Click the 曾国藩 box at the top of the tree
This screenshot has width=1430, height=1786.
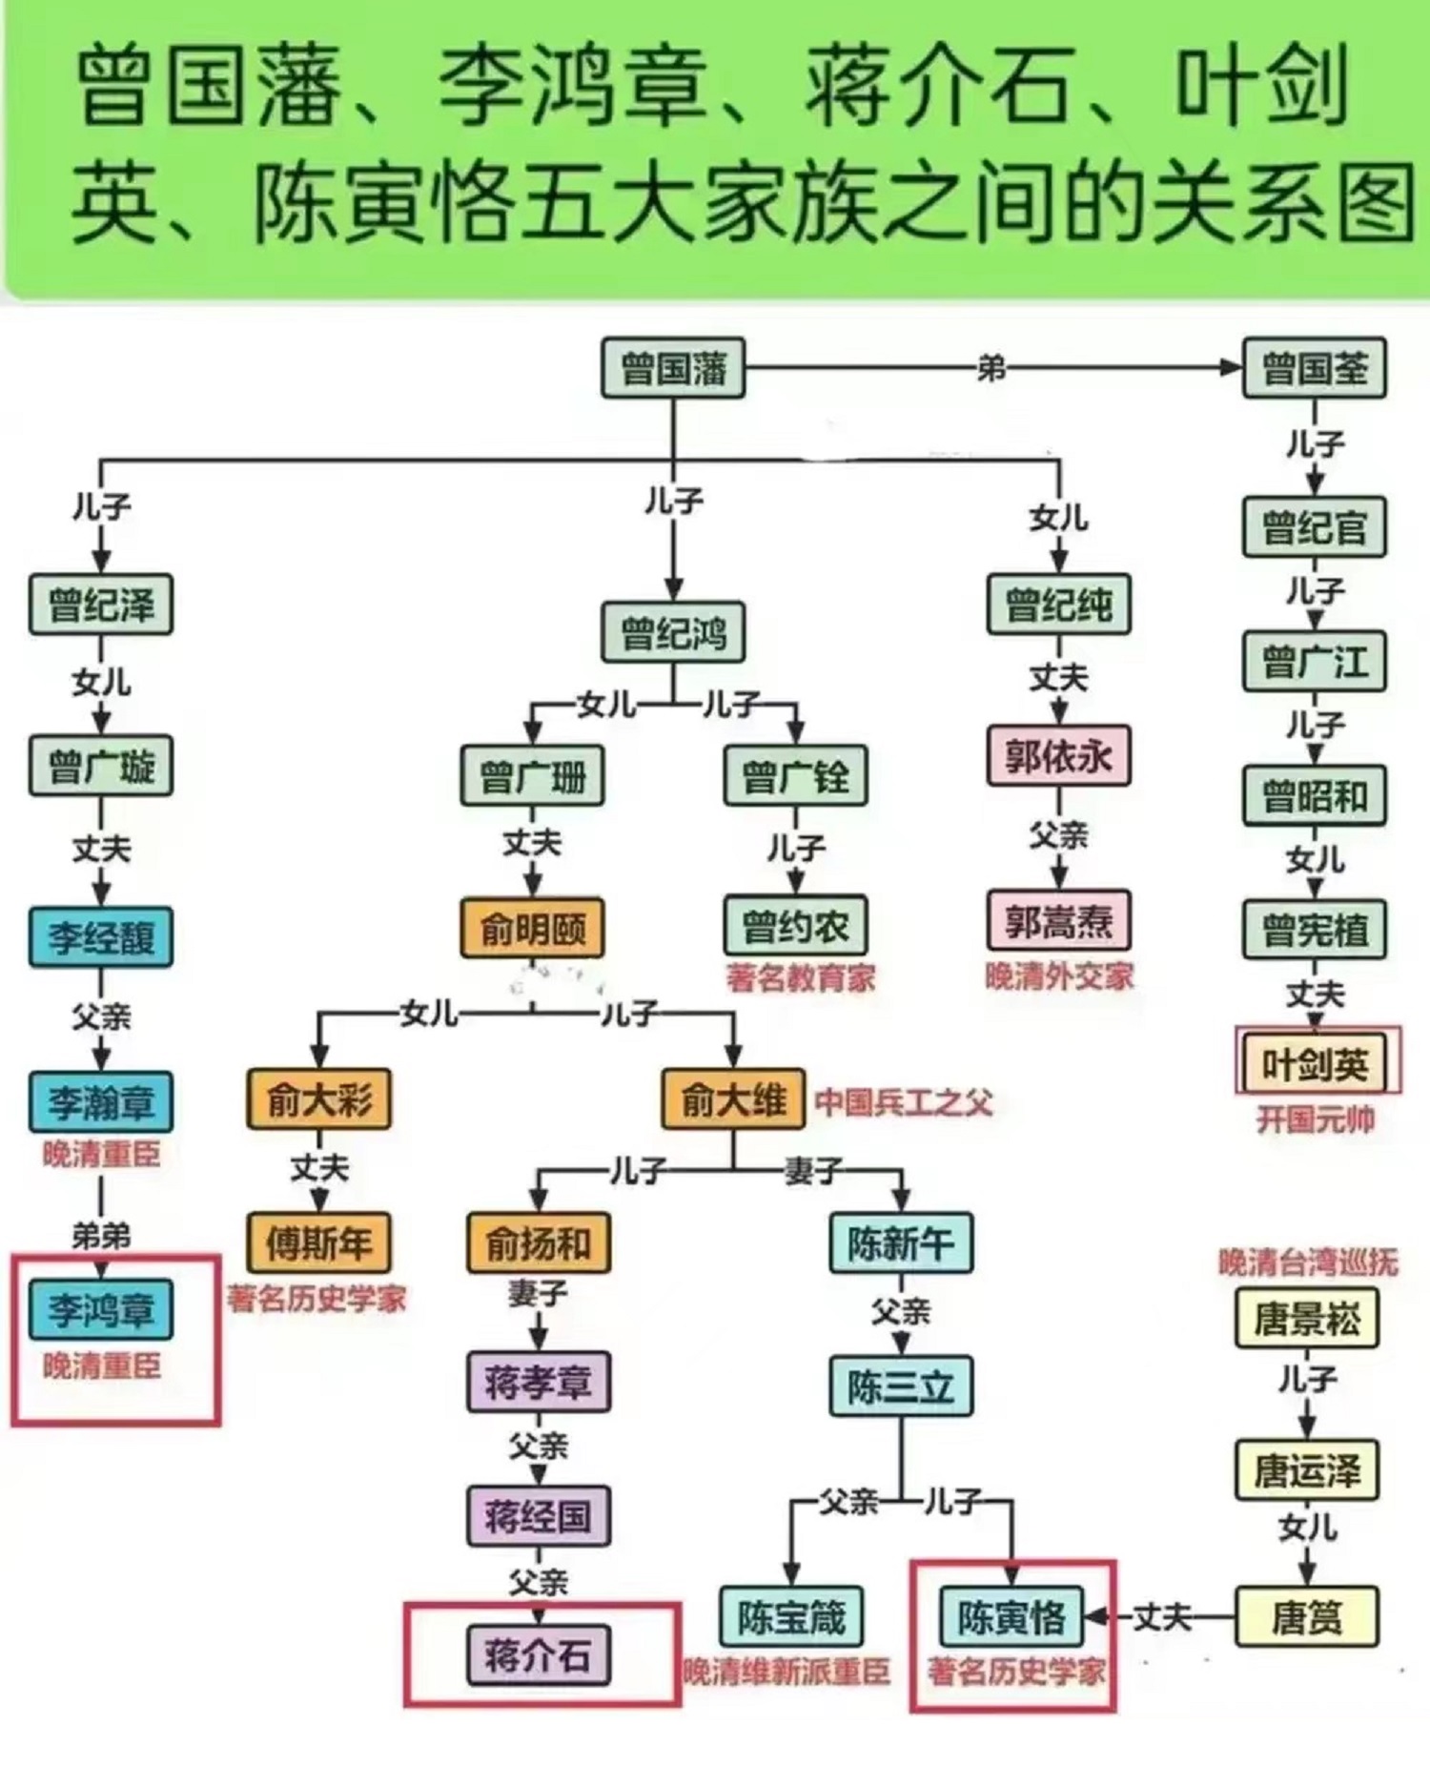(x=673, y=368)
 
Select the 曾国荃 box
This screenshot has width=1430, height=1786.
(x=1314, y=368)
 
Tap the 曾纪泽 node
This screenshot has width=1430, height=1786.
(x=101, y=605)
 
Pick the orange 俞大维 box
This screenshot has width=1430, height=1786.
(x=733, y=1099)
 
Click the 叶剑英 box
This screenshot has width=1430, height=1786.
(x=1315, y=1064)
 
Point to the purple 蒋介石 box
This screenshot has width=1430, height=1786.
(x=539, y=1655)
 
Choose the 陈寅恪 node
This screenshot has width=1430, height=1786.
(x=1011, y=1617)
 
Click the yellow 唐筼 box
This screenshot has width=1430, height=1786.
(x=1307, y=1617)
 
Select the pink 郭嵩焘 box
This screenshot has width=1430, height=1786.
(x=1058, y=921)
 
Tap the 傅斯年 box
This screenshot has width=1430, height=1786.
(x=319, y=1242)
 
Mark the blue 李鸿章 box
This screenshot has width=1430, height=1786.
(x=101, y=1310)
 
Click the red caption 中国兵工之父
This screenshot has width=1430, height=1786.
(x=903, y=1102)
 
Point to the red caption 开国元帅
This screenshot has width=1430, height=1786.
(x=1315, y=1119)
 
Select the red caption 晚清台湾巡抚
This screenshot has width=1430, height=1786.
(x=1308, y=1263)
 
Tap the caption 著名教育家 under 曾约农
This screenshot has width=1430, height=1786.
(x=800, y=977)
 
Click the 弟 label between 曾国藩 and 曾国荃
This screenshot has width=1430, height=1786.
(x=991, y=368)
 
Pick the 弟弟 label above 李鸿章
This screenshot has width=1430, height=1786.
(x=101, y=1236)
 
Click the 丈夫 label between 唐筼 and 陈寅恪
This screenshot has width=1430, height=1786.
(x=1162, y=1617)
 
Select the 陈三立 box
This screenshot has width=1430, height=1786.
(x=901, y=1386)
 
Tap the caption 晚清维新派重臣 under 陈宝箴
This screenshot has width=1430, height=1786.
(x=786, y=1672)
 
